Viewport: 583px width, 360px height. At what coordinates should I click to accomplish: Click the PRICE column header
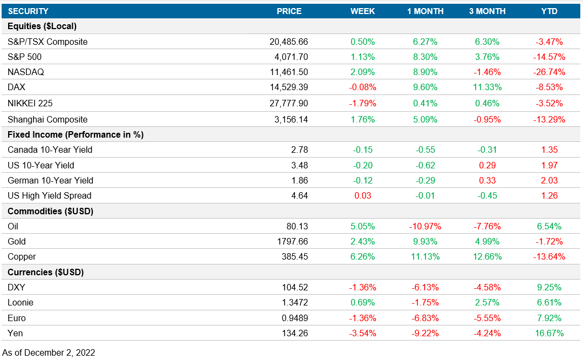[x=289, y=11]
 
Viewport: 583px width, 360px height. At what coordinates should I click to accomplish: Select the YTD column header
[x=549, y=11]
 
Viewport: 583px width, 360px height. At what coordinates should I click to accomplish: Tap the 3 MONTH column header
[x=487, y=11]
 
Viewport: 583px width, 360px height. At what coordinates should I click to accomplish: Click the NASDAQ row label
[x=26, y=72]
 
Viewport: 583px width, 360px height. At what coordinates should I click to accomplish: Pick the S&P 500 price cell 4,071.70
[x=289, y=57]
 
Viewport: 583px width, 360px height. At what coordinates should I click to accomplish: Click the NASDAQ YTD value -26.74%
[x=549, y=72]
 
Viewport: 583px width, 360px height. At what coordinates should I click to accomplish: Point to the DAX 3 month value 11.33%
[x=487, y=87]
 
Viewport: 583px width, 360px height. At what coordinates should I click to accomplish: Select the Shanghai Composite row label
[x=47, y=119]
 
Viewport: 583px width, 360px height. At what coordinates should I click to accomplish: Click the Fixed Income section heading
[x=76, y=134]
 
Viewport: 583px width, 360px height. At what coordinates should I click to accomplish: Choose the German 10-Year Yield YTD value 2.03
[x=549, y=180]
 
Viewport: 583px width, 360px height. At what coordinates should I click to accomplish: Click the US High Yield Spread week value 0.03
[x=362, y=195]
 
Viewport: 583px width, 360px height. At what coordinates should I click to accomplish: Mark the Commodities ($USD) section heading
[x=51, y=211]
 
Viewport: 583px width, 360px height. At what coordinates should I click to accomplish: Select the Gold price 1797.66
[x=292, y=241]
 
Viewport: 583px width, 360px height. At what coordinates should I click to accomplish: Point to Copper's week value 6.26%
[x=362, y=256]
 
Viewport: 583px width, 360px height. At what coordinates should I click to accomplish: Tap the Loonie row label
[x=21, y=302]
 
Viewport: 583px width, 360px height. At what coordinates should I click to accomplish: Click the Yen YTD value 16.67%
[x=549, y=333]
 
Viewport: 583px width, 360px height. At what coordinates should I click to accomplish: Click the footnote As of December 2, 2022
[x=49, y=352]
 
